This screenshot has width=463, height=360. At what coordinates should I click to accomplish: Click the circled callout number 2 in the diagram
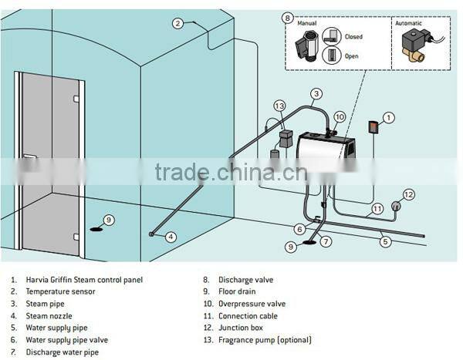click(x=177, y=24)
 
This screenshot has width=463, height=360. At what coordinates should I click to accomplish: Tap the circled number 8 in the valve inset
click(x=288, y=17)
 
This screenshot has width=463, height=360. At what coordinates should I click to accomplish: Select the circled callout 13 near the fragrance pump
click(x=279, y=106)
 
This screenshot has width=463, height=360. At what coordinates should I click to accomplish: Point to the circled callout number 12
click(x=409, y=193)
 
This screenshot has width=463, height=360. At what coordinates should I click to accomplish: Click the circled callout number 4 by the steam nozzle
click(x=171, y=236)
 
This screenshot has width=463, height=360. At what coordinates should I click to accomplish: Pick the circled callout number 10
click(x=340, y=116)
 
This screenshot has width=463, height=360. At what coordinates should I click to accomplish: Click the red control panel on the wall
click(x=372, y=127)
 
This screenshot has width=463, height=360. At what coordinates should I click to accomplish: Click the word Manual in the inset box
click(x=306, y=23)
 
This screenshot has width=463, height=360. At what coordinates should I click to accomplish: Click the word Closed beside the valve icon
click(x=353, y=36)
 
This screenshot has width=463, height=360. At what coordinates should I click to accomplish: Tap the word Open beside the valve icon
click(x=352, y=56)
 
